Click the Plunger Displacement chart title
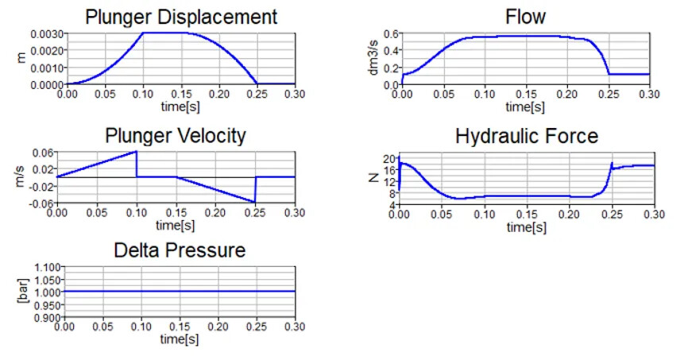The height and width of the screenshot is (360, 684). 181,17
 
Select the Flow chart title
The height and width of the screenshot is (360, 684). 526,17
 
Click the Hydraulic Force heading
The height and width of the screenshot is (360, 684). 526,136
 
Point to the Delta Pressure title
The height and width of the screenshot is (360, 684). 180,251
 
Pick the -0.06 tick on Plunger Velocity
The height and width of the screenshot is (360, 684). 41,203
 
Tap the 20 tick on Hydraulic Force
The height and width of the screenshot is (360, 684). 389,158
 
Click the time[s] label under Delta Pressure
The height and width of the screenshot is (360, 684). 179,340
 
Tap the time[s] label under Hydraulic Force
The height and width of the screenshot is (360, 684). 526,227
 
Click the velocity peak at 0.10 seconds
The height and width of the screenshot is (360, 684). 136,151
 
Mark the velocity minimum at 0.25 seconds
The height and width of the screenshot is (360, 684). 254,202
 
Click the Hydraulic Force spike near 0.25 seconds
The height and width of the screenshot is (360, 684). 611,163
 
